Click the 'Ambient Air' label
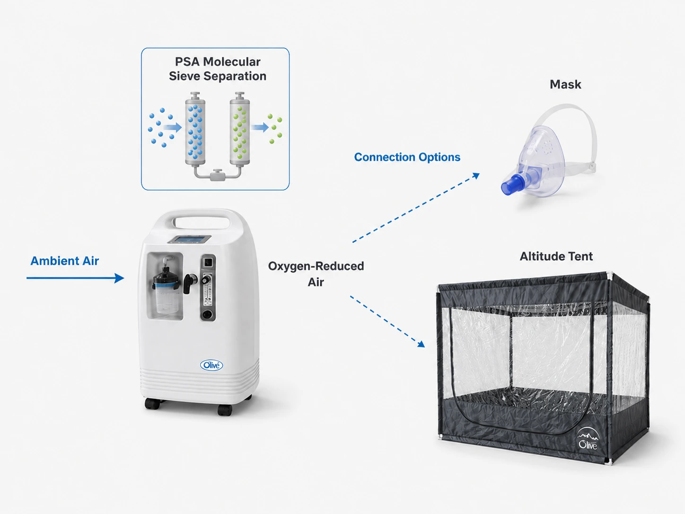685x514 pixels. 65,261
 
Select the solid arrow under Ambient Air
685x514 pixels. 75,278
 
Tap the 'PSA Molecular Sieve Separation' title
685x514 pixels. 218,69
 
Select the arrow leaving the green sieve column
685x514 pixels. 260,127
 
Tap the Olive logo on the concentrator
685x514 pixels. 211,365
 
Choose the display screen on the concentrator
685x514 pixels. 189,239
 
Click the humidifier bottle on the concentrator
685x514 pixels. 166,290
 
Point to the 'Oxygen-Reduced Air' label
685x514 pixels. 316,274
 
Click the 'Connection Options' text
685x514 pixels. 407,157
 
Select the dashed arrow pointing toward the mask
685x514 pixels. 416,207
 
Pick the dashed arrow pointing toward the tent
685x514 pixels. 387,321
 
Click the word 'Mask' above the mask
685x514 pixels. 565,84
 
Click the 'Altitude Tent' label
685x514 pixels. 556,257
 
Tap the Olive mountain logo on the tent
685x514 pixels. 588,439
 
